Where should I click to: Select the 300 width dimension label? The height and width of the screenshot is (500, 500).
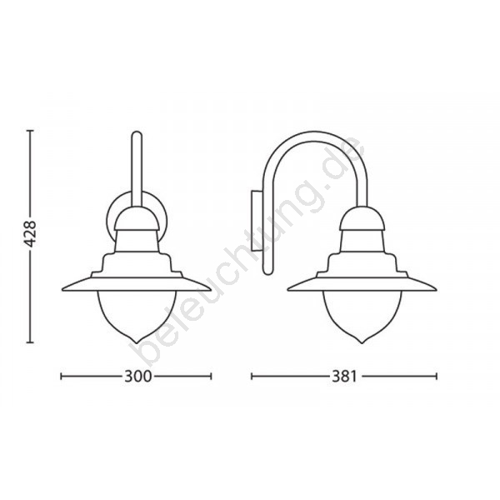(137, 377)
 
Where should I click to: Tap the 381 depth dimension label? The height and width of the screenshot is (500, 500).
(343, 377)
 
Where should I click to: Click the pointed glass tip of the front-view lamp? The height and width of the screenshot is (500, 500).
(137, 342)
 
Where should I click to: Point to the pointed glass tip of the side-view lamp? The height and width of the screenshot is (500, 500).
(362, 342)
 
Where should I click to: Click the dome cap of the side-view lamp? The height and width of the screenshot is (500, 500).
(362, 218)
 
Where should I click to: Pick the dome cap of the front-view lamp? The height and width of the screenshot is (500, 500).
(137, 218)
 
